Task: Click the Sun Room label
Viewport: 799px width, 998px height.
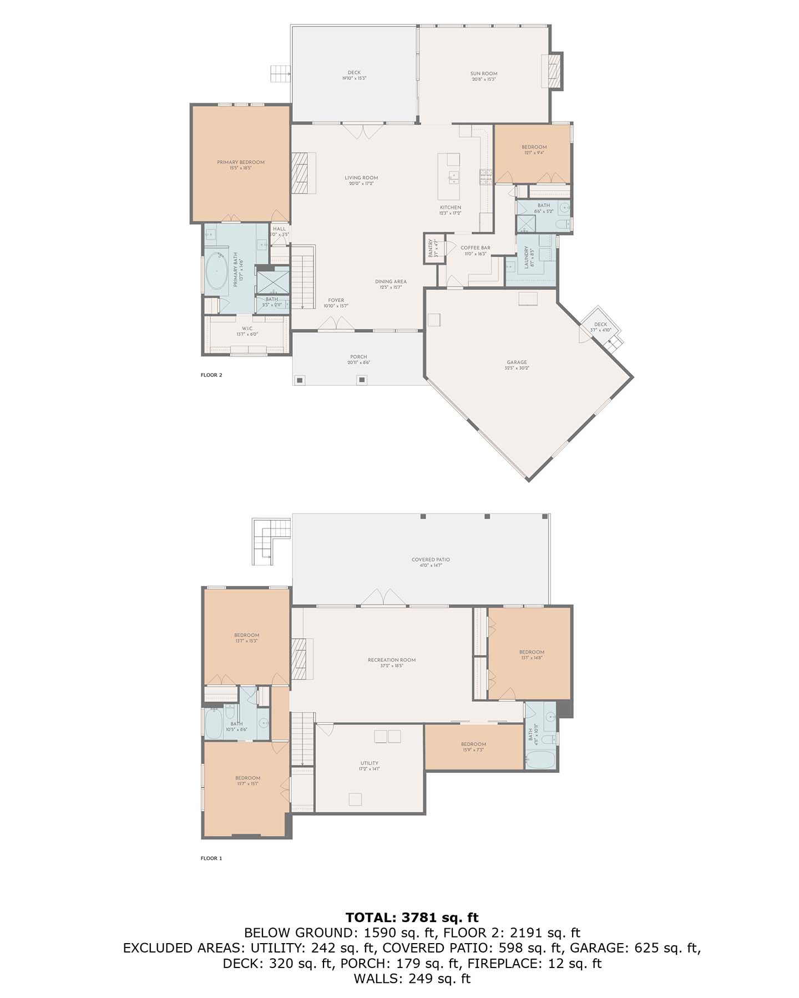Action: pos(483,76)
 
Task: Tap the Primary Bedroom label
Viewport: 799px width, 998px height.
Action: pos(240,165)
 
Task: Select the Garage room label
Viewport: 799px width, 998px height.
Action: pos(517,365)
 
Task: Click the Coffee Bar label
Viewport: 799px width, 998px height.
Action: pos(476,251)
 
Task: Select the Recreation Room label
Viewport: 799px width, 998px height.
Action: pos(391,663)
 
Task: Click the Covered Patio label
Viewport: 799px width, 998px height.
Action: pos(431,562)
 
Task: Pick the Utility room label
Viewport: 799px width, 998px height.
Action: pos(369,766)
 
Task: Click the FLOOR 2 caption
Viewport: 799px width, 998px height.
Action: pos(211,375)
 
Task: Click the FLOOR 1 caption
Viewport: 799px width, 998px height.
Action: pos(211,858)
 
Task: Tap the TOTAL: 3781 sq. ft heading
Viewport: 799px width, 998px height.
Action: pos(412,918)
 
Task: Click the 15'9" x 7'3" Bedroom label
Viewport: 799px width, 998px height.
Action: pos(473,747)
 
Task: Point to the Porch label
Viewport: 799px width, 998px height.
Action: pos(358,359)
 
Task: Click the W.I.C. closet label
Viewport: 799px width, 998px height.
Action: pos(247,331)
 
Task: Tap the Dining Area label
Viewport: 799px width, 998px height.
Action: pos(391,284)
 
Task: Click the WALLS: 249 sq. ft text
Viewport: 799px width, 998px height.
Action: pos(412,979)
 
